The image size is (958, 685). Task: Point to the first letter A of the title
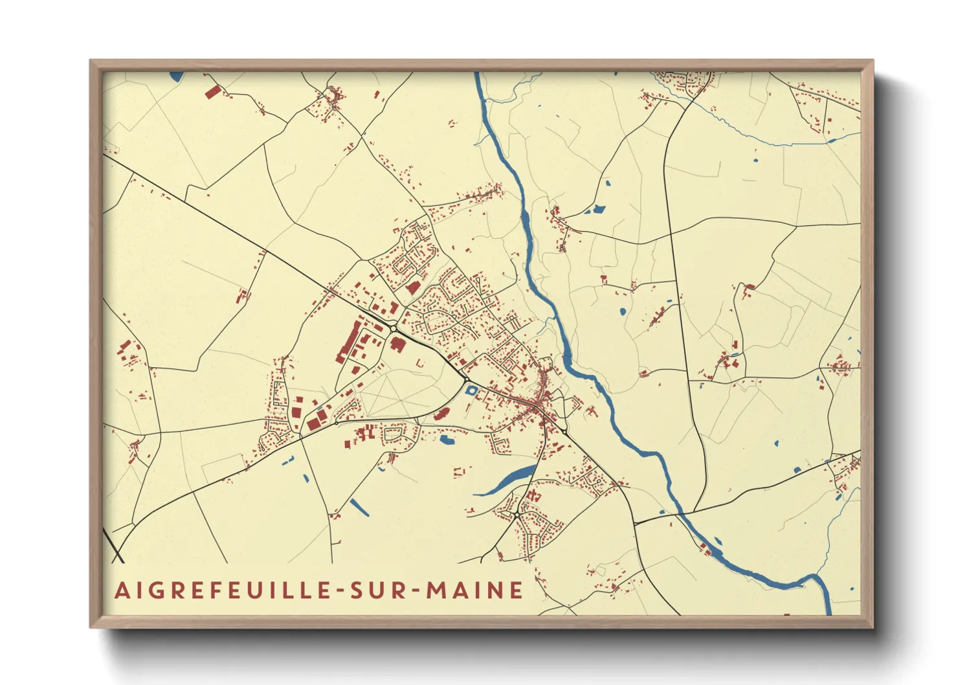122,590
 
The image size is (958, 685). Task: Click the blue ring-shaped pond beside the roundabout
472,390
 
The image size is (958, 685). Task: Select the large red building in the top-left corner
212,91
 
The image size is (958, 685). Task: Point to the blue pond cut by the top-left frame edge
176,76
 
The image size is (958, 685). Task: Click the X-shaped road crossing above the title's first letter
117,555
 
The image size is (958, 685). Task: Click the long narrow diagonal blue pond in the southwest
359,508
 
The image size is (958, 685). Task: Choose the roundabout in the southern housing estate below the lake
517,515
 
